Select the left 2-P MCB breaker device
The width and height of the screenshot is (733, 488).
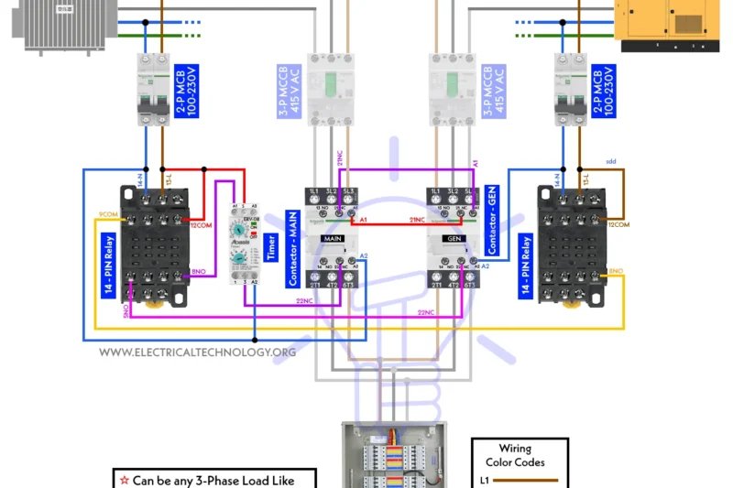(x=153, y=89)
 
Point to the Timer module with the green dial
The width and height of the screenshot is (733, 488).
(x=245, y=243)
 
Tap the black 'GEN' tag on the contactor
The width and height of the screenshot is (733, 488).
(x=454, y=238)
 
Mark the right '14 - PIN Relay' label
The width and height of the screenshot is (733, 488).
(x=526, y=266)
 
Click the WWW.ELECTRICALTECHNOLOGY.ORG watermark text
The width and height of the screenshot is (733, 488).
(x=197, y=352)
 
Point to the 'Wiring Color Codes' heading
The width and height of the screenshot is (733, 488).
(x=520, y=455)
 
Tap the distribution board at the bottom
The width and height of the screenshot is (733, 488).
(x=392, y=455)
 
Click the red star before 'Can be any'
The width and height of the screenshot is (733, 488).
(x=123, y=479)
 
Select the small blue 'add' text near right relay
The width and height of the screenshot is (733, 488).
(x=611, y=161)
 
